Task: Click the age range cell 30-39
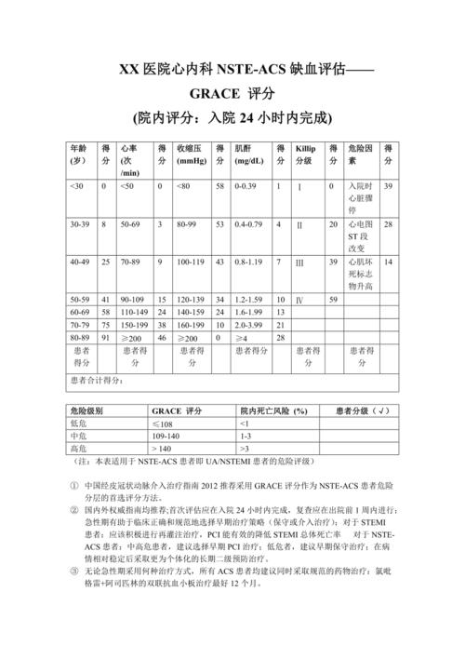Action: coord(80,225)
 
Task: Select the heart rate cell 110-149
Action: coord(136,312)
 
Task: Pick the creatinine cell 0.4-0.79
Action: coord(248,225)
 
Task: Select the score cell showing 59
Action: coord(334,299)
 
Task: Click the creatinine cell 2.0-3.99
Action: coord(248,325)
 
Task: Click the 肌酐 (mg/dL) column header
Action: coord(248,155)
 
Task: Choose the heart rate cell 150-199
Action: coord(136,325)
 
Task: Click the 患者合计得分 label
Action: coord(98,381)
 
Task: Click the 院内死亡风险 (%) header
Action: coord(273,410)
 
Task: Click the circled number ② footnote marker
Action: coord(74,510)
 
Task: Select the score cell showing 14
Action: coord(389,263)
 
